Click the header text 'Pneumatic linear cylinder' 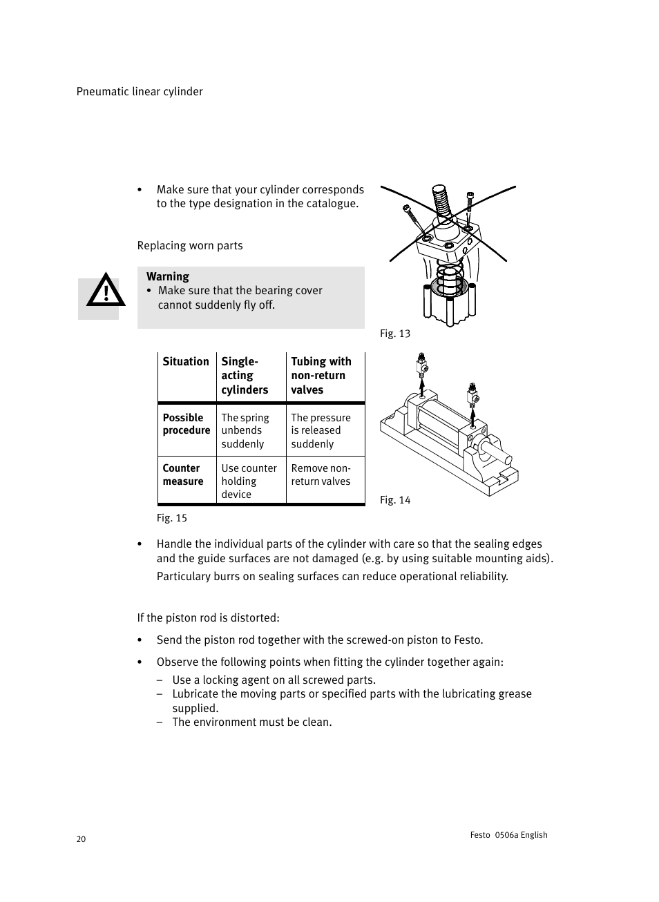pos(140,92)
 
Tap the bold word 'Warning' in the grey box pos(168,276)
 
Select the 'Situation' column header pos(186,361)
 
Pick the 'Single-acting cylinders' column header pos(245,376)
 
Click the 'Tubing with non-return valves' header pos(321,376)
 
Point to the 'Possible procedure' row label pos(187,424)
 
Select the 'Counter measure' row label pos(183,474)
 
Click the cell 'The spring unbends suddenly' pos(245,430)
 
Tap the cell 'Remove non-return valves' pos(321,474)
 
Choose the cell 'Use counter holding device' pos(249,481)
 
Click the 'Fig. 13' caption pos(395,334)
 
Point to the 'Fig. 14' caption pos(395,500)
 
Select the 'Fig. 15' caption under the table pos(172,518)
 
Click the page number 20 pos(82,839)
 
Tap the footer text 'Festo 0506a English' pos(508,835)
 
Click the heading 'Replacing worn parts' pos(190,246)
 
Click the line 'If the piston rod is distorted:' pos(218,617)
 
